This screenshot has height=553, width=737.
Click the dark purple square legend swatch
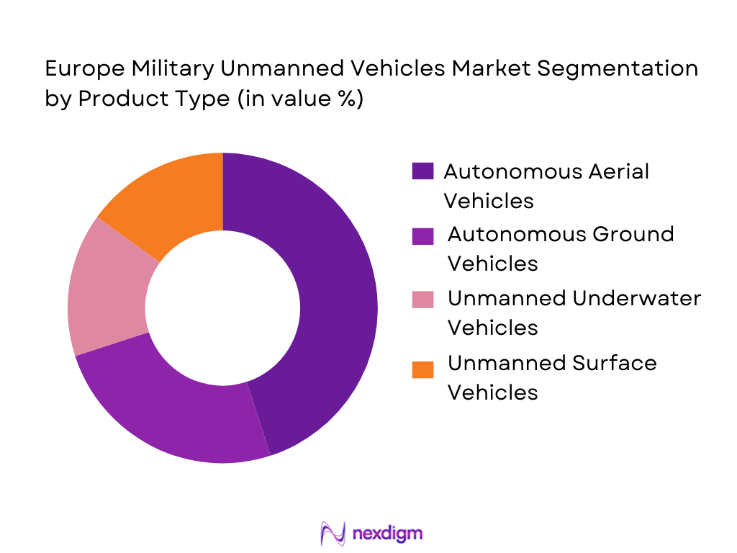click(422, 171)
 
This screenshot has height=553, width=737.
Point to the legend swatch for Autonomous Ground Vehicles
click(422, 235)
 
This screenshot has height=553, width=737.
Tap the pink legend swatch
click(422, 298)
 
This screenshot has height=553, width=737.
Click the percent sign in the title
click(345, 99)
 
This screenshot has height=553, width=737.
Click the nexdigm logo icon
click(333, 533)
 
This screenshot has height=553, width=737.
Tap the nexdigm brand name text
click(388, 534)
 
